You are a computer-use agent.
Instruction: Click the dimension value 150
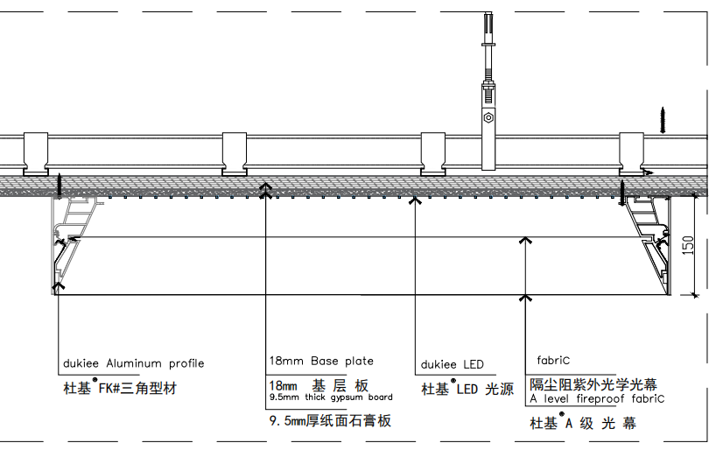[688, 245]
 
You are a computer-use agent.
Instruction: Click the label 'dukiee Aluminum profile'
[133, 363]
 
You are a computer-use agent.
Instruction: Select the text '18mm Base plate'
[321, 361]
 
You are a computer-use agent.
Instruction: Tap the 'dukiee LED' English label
[452, 364]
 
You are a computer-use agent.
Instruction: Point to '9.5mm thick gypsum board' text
[331, 397]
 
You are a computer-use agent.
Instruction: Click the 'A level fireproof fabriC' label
[597, 399]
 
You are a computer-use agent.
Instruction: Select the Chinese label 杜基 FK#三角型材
[120, 388]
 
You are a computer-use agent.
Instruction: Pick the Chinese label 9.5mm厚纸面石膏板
[330, 420]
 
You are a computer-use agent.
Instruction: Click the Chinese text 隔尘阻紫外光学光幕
[593, 384]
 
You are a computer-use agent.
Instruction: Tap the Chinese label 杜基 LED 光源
[467, 389]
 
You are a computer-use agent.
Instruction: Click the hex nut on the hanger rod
[488, 118]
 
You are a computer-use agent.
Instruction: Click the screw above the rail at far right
[663, 120]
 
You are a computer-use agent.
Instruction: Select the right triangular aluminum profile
[648, 245]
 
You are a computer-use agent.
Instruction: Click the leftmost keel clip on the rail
[36, 154]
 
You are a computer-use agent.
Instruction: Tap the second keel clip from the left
[235, 154]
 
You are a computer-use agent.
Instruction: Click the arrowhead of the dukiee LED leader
[415, 200]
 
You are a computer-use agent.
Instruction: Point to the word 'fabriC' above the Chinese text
[553, 361]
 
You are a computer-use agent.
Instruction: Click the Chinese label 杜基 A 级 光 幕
[583, 423]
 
